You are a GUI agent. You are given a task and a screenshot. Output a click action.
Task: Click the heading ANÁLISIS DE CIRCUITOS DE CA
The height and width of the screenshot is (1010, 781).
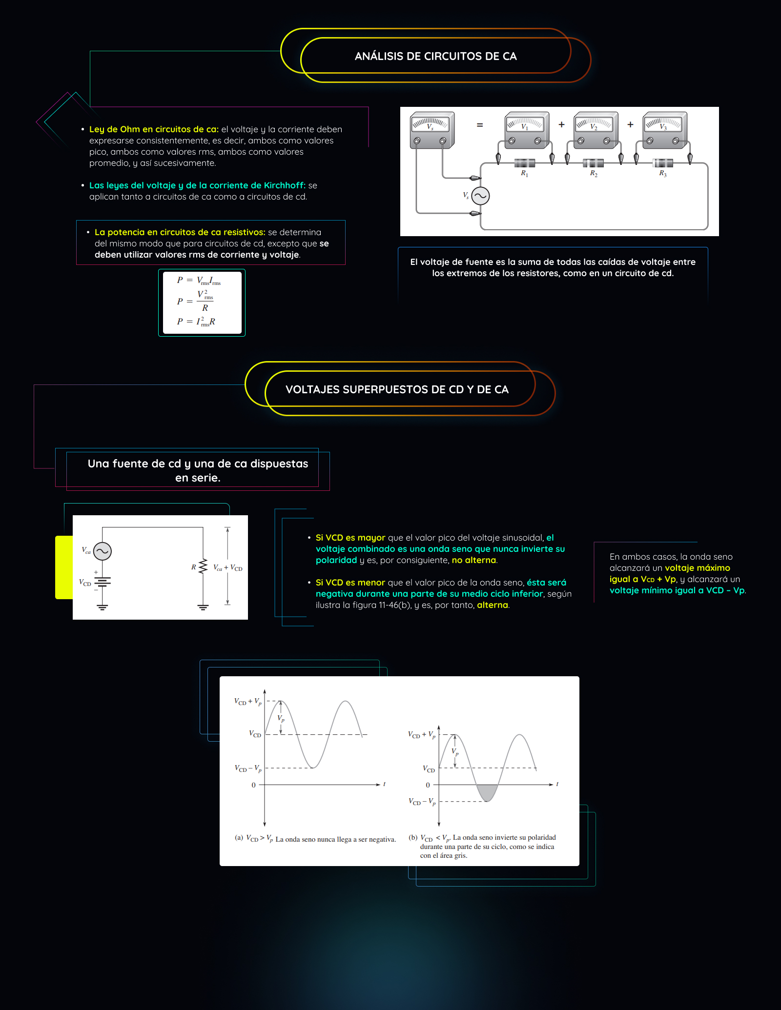pos(435,56)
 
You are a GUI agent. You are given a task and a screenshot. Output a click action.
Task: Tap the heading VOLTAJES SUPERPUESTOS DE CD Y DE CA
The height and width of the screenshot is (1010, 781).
pos(397,389)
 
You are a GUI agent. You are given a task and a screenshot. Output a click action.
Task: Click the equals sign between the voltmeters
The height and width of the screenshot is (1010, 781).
pos(480,125)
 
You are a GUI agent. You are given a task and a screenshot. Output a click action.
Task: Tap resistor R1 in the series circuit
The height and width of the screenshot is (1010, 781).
pos(525,163)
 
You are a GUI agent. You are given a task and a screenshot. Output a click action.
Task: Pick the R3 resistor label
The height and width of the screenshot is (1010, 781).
pos(662,174)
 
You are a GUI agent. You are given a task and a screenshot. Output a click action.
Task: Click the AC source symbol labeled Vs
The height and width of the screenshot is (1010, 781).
pos(480,196)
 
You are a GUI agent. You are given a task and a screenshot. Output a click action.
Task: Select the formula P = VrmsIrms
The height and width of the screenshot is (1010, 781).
pos(199,281)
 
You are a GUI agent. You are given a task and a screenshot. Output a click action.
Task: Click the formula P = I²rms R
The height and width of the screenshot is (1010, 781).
pos(196,322)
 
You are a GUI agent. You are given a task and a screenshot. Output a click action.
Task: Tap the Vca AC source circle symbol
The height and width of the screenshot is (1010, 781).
pos(103,551)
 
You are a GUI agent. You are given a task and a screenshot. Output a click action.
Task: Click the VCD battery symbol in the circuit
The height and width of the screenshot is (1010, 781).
pos(103,581)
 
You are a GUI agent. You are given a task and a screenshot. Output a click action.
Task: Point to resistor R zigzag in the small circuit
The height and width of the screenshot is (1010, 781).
pos(203,567)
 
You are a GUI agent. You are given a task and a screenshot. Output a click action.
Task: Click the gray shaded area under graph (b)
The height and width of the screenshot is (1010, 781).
pos(487,792)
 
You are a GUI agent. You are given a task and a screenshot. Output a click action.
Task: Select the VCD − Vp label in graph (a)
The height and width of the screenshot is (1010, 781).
pos(248,768)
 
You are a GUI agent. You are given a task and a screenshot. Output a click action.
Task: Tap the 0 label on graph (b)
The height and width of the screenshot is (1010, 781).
pos(428,785)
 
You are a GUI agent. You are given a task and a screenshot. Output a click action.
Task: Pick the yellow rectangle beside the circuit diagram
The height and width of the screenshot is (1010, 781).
pos(63,567)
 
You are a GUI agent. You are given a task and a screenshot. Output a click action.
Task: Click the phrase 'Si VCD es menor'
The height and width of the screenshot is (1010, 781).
pos(350,583)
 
